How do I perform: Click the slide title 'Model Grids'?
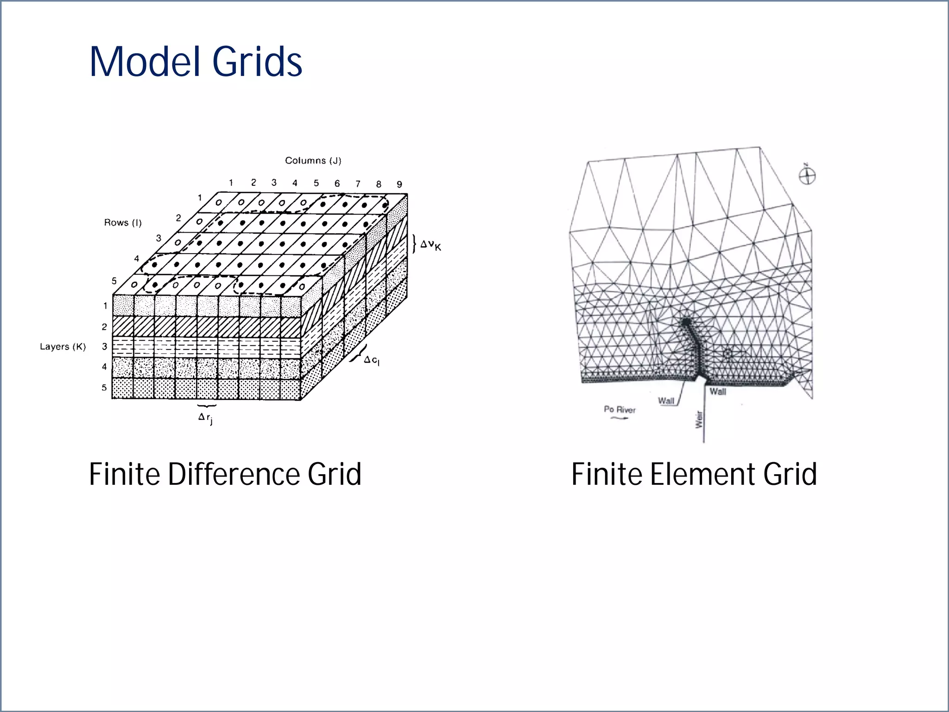(196, 62)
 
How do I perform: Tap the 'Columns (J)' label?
(313, 161)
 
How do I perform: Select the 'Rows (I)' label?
(123, 222)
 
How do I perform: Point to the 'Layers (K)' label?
(63, 347)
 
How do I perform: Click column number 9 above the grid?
(399, 184)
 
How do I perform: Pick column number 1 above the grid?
(231, 183)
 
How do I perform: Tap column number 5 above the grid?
(316, 183)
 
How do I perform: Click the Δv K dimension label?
(430, 245)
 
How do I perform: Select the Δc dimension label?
(371, 360)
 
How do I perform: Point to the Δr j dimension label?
(205, 418)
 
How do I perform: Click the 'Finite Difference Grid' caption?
(225, 474)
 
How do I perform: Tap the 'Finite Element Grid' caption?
(694, 474)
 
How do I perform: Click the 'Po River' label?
(620, 409)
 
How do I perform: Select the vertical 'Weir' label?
(699, 419)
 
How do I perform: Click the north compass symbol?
(807, 176)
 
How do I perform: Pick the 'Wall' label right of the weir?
(718, 392)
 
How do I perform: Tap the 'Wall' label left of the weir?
(666, 400)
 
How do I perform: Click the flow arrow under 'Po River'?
(619, 418)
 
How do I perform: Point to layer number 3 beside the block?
(105, 347)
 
